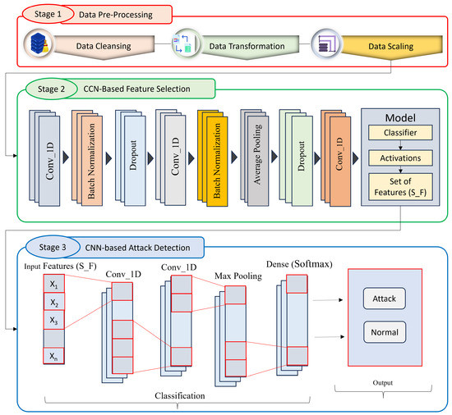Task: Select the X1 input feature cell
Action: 53,286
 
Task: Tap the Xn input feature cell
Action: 53,357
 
